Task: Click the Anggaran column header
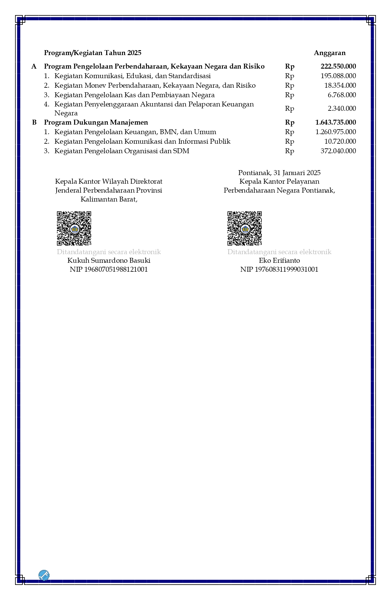329,53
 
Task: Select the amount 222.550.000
338,66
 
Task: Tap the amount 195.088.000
338,76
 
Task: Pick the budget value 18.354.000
340,86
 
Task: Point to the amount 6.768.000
342,95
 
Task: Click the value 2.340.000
342,109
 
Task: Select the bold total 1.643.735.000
336,122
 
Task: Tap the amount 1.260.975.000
336,132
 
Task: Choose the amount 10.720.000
340,142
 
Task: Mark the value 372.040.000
338,151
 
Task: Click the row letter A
34,66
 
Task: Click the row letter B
34,122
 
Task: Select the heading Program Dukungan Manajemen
96,122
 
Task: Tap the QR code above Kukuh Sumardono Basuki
74,228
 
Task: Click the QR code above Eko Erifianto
244,228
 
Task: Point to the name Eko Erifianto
279,261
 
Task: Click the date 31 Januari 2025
297,173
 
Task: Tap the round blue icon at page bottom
44,575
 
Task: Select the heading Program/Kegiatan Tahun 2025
93,53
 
